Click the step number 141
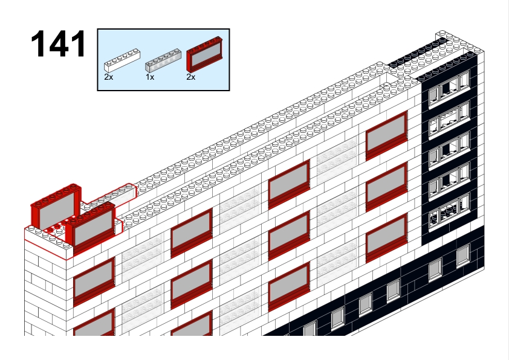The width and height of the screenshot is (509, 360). (x=59, y=43)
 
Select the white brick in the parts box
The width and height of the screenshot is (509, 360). (x=122, y=60)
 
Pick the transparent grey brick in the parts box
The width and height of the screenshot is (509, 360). (x=163, y=60)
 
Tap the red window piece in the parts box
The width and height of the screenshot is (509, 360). (x=204, y=55)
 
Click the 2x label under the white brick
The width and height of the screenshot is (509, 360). (x=108, y=77)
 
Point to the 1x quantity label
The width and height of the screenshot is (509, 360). (x=150, y=77)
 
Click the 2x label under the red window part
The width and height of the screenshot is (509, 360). (x=191, y=77)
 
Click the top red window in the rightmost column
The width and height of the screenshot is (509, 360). (x=387, y=136)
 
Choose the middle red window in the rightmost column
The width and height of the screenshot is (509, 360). (x=387, y=187)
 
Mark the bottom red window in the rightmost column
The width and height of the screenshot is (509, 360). (x=387, y=238)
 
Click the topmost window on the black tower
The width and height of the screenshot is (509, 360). (x=449, y=88)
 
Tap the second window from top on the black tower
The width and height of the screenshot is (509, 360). (x=449, y=119)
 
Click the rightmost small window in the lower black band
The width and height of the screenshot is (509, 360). (x=463, y=256)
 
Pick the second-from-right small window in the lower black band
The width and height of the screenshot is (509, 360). (x=435, y=269)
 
